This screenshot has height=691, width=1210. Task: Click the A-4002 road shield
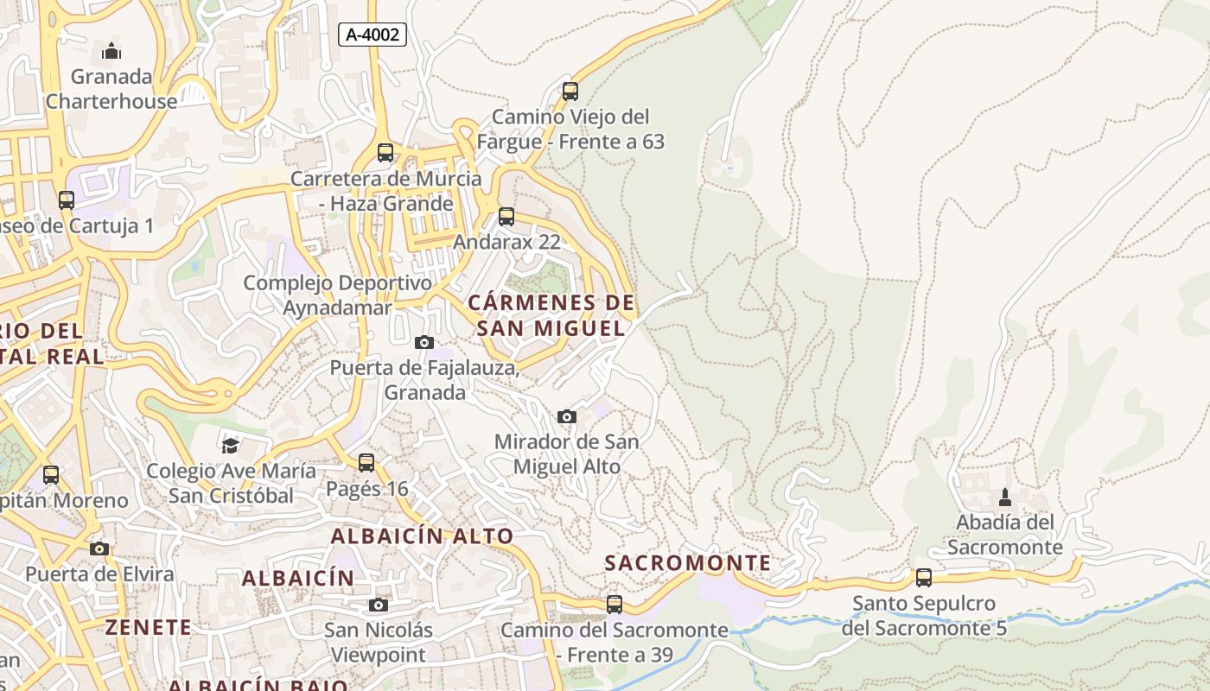[x=373, y=35]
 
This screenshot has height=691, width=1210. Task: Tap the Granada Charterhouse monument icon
[x=111, y=52]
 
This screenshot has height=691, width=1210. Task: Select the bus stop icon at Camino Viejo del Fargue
[x=570, y=91]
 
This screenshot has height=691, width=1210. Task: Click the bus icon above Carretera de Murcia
[x=385, y=153]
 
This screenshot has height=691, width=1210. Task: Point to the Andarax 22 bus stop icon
[x=506, y=217]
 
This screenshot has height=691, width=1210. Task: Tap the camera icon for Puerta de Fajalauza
[x=423, y=342]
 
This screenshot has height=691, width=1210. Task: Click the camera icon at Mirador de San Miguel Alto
[x=567, y=416]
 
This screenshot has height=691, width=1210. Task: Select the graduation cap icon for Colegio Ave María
[x=230, y=446]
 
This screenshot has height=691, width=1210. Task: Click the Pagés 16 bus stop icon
[x=366, y=463]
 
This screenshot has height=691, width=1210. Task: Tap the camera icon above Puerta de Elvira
[x=99, y=548]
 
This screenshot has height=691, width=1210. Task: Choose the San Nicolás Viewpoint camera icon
[x=378, y=605]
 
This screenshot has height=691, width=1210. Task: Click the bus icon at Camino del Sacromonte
[x=615, y=605]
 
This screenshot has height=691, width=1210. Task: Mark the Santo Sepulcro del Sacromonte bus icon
[x=924, y=578]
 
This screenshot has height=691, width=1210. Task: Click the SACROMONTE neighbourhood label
[x=688, y=563]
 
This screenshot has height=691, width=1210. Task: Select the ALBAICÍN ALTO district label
[x=422, y=536]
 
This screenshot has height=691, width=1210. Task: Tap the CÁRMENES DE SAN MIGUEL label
[x=551, y=315]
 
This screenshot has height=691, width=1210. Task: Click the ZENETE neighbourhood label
[x=148, y=627]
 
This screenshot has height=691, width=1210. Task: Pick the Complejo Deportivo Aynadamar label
[x=337, y=295]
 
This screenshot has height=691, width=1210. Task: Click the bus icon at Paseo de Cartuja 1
[x=67, y=200]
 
